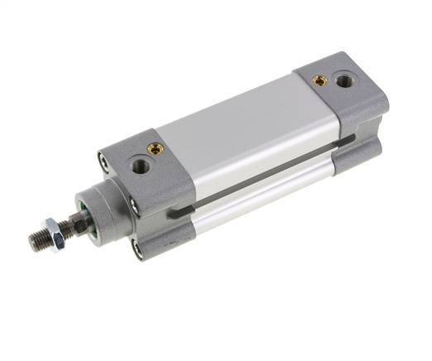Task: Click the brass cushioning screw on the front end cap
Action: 154,149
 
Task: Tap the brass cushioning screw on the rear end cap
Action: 319,80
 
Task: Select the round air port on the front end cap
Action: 138,166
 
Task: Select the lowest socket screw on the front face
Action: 137,247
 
